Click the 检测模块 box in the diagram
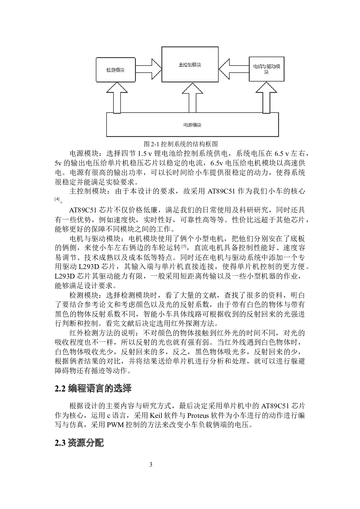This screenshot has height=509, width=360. coord(116,70)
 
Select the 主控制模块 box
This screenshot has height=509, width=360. coord(190,64)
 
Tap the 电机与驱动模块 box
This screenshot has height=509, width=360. coord(267,69)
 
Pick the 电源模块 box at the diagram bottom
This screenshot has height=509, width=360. coord(192,125)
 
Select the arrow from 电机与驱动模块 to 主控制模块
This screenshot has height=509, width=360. coord(234,68)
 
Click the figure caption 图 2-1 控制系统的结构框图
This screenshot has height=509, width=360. coord(181,144)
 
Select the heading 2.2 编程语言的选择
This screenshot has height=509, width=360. coord(93,388)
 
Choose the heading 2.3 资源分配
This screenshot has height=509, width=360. coord(79,443)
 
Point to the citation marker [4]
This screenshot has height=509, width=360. coord(57,199)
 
